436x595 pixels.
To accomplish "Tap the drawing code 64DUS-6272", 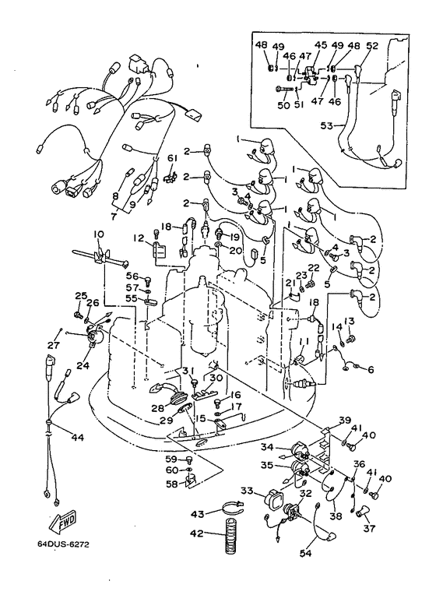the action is coord(63,544).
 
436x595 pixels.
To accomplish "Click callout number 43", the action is coord(198,514).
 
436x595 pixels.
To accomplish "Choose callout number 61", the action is coord(172,158).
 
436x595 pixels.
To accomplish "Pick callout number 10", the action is coord(98,234).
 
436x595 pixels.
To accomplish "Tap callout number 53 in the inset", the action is coord(326,125).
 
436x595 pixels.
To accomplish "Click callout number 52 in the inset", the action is coord(372,46).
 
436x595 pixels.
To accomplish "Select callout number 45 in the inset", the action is coord(321,44).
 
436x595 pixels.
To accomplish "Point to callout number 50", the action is coord(283,104).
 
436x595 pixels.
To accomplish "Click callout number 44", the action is coord(77,438).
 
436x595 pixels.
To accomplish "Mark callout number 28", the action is coord(158,408).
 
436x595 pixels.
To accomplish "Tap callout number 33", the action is coord(247,491).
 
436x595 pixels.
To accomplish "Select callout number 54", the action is coord(305,553).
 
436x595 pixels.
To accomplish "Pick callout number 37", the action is coord(369,527).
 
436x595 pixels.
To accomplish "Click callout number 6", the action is coord(371,369).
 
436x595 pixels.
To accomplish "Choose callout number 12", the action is coord(139,238).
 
